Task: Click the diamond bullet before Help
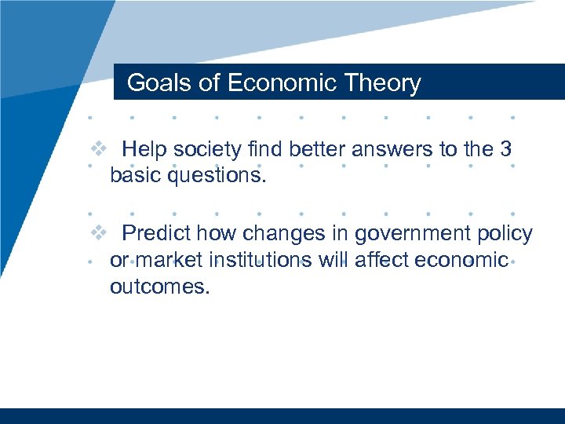coord(97,148)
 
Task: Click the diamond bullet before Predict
coord(97,233)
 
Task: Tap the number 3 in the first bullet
coord(506,149)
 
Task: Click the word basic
coord(136,175)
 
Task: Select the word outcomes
coord(159,287)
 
